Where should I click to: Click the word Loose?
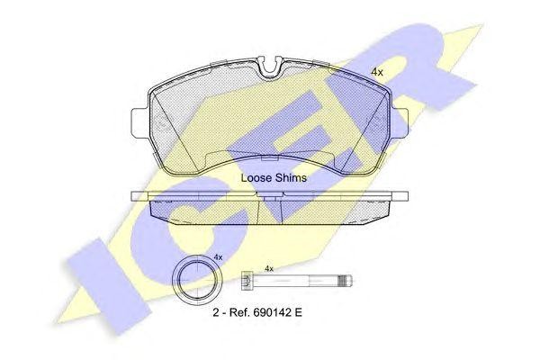(x=256, y=178)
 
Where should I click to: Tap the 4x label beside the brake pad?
(x=377, y=72)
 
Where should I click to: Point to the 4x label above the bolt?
(x=268, y=268)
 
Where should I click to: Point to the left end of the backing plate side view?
(x=134, y=195)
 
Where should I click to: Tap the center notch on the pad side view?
(x=269, y=203)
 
